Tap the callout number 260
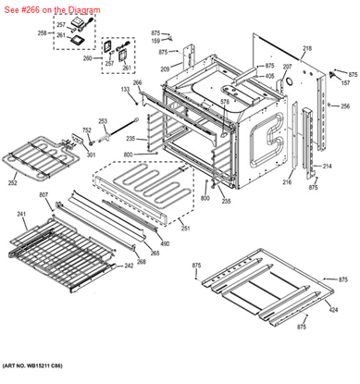point(88,57)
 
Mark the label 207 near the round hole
point(287,67)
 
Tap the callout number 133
point(125,89)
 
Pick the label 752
point(86,130)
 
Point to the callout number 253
point(103,121)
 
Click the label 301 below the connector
point(91,155)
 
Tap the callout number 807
point(43,194)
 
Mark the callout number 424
point(332,308)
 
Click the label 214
point(327,167)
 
